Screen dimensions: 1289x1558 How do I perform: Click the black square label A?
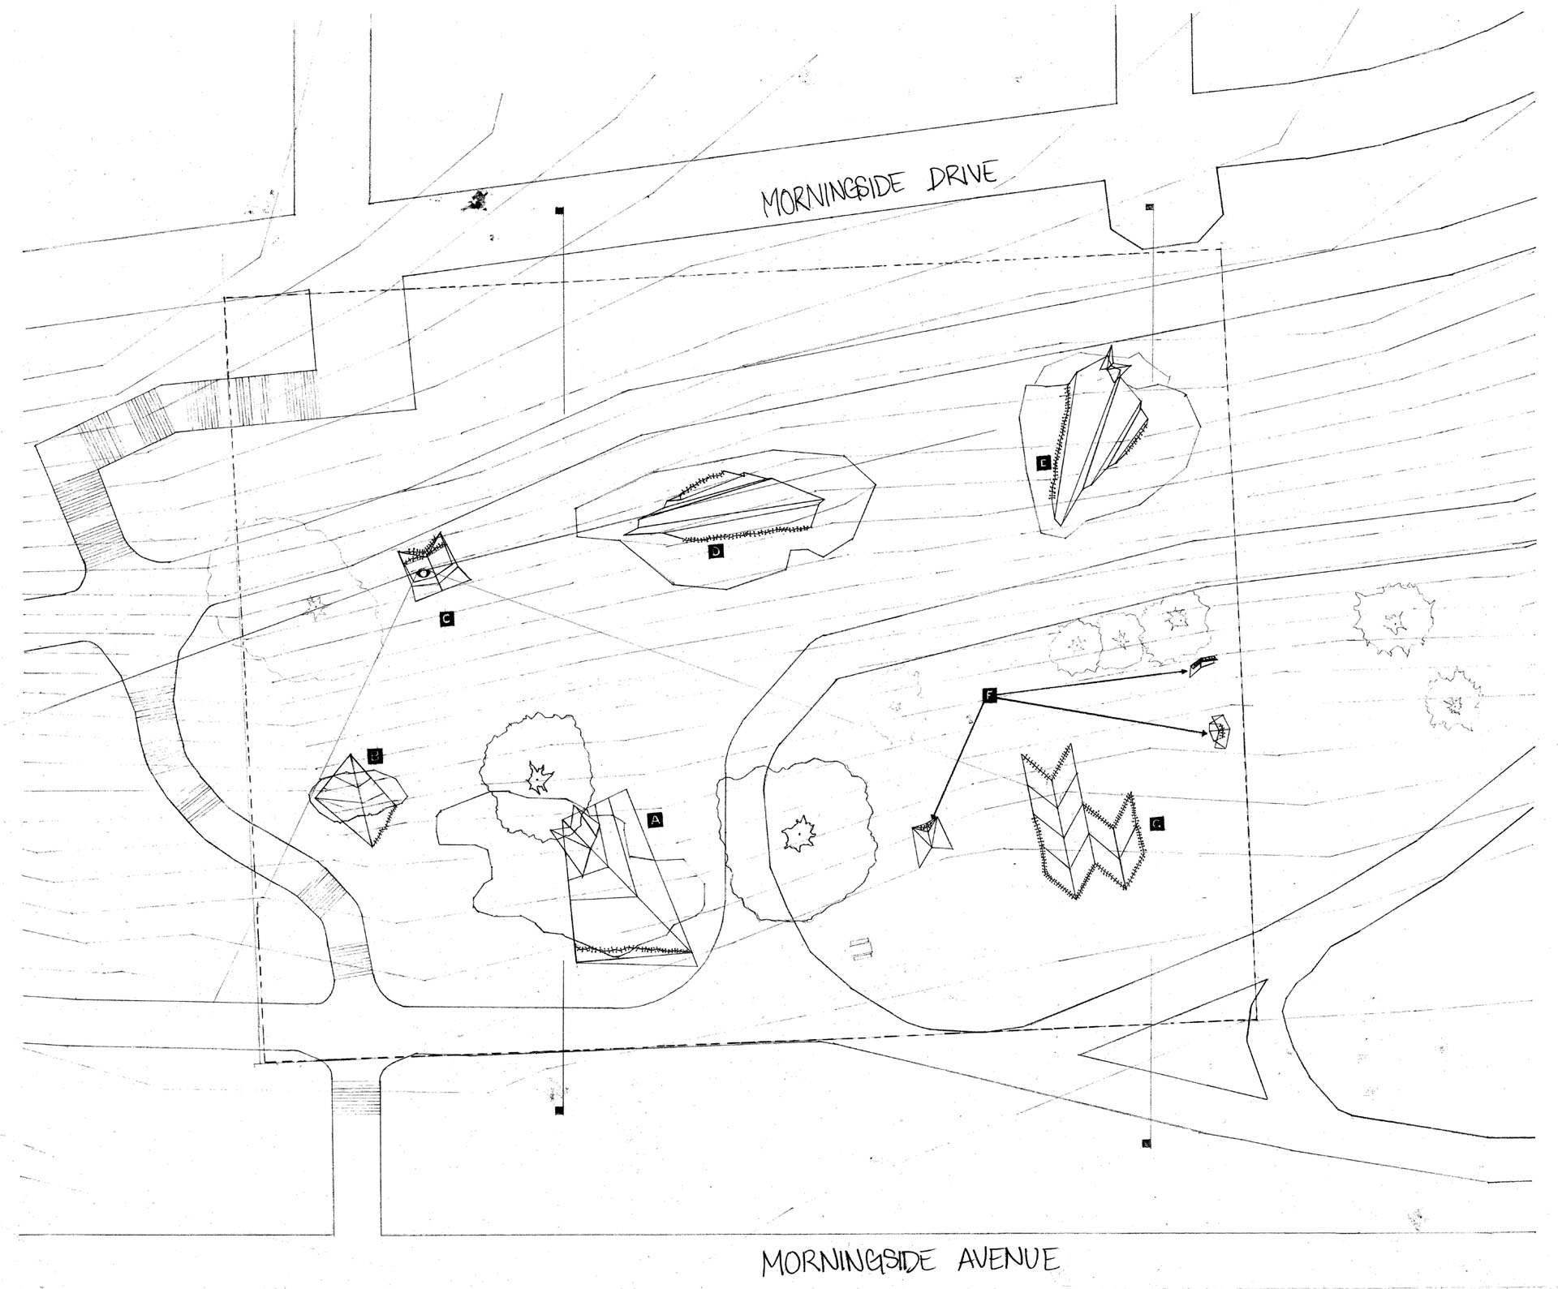click(656, 820)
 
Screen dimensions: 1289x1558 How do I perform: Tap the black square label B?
click(374, 757)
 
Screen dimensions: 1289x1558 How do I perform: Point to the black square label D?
click(716, 552)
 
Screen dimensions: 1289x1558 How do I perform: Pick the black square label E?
click(1043, 463)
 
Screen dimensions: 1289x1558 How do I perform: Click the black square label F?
click(989, 694)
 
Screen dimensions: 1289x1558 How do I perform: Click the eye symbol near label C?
click(423, 574)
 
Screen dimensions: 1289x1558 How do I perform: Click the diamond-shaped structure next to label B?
click(356, 799)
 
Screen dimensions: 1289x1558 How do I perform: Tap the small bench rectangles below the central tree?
click(859, 948)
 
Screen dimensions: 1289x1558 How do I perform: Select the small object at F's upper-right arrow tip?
click(1203, 664)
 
